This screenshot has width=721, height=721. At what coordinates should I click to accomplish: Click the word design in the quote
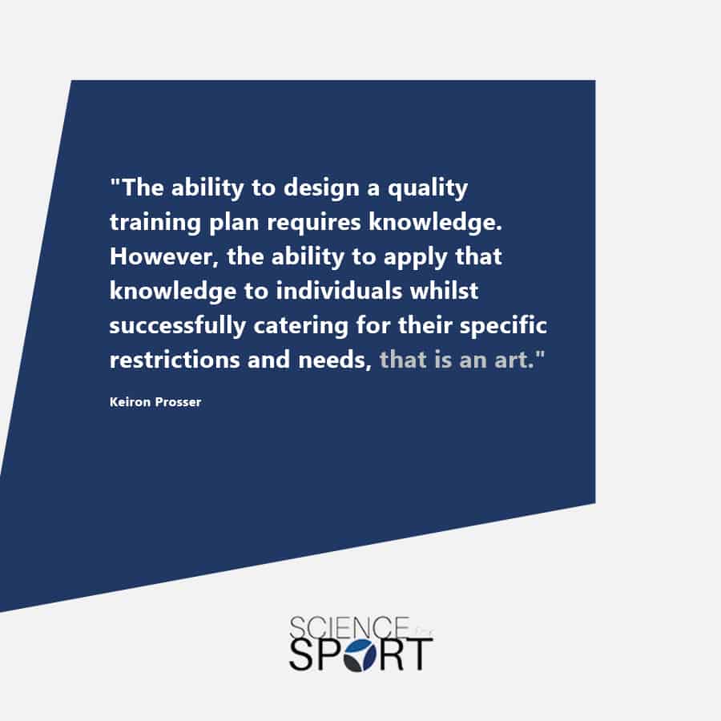321,188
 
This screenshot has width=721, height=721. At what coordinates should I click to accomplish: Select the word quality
428,188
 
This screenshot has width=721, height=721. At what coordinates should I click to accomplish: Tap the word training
155,223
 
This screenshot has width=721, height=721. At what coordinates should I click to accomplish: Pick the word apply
415,257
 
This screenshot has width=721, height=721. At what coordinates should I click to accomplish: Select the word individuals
338,291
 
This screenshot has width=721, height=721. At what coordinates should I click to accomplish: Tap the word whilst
444,291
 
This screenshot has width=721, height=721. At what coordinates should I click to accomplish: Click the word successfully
178,325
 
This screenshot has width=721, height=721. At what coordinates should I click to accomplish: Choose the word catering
300,325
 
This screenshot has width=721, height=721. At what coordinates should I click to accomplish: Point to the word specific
504,325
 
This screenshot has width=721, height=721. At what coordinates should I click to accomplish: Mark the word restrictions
175,360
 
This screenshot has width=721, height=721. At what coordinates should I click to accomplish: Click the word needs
335,360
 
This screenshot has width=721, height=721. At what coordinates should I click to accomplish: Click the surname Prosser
179,402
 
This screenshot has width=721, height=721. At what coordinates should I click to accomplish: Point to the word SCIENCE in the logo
349,627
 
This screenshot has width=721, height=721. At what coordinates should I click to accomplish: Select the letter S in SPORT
302,655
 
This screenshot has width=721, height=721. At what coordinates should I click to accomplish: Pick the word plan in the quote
234,223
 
